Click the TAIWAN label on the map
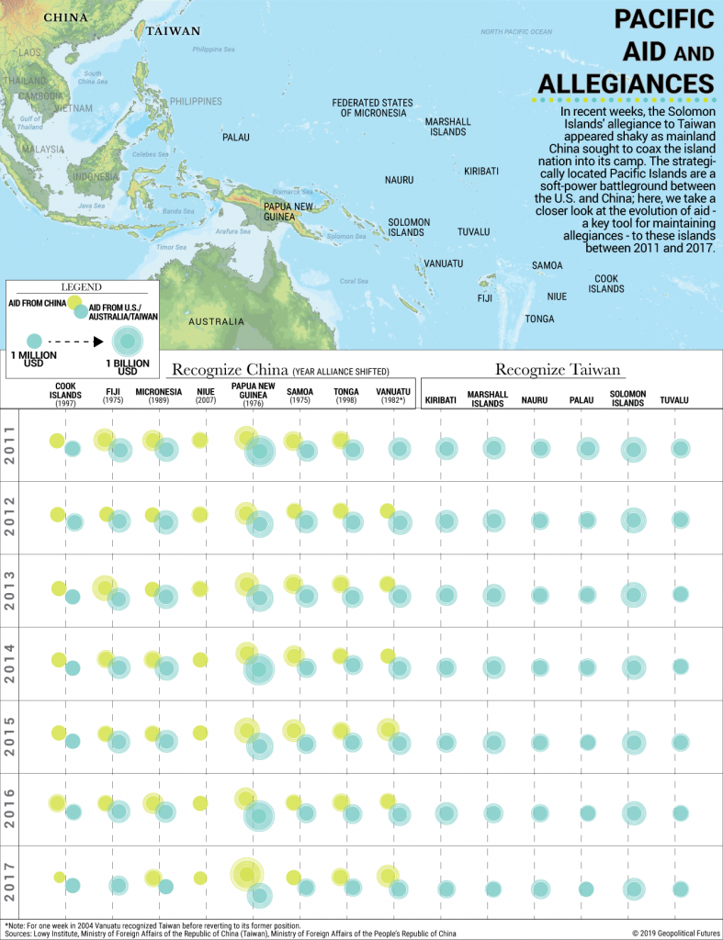tap(173, 30)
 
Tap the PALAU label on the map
tap(236, 138)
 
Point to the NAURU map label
tap(399, 179)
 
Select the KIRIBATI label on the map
tap(481, 172)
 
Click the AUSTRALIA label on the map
tap(217, 322)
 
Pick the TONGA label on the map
tap(539, 319)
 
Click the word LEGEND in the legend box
tap(81, 286)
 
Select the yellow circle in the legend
tap(73, 303)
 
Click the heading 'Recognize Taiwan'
tap(558, 370)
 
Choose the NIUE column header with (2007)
tap(205, 397)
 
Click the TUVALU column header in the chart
tap(674, 400)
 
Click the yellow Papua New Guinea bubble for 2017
tap(244, 873)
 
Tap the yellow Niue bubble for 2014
tap(199, 659)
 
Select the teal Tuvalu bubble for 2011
tap(680, 448)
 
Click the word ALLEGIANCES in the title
tap(626, 81)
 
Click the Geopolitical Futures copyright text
tap(675, 934)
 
